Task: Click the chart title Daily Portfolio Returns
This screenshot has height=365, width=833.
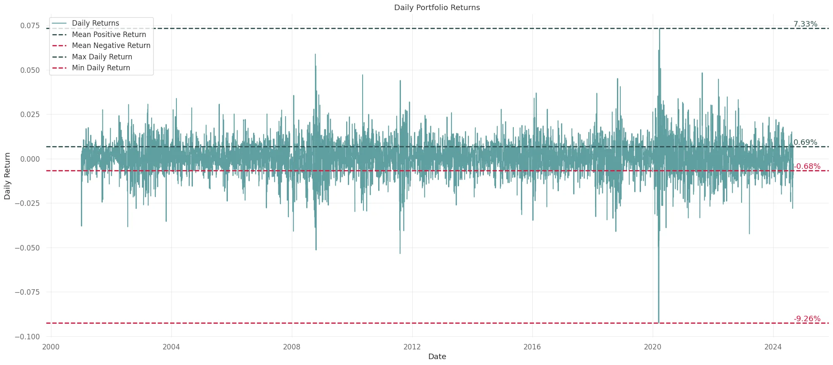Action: pos(437,8)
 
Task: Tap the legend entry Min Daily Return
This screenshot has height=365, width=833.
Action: pos(101,68)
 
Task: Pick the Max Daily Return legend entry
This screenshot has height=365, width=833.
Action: pos(102,57)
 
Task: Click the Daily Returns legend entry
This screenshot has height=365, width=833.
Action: pos(95,23)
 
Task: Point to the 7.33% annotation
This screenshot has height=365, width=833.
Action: pos(805,24)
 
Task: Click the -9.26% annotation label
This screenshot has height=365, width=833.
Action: pos(807,319)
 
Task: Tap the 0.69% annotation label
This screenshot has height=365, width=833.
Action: pos(805,142)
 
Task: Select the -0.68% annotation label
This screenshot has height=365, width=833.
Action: pos(807,166)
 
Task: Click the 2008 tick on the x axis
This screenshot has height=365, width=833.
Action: pos(291,347)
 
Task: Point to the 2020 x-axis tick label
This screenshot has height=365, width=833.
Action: pos(652,347)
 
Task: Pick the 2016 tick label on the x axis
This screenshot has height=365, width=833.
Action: pos(532,347)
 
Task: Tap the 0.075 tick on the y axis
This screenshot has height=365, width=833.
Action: pos(30,26)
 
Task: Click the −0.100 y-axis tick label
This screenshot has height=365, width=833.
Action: pos(27,337)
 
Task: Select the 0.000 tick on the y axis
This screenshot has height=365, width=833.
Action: pos(30,159)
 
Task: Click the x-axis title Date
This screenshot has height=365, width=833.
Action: pos(437,357)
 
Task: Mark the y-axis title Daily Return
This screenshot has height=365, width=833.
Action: pos(7,176)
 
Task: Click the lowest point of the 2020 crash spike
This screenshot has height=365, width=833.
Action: pos(659,322)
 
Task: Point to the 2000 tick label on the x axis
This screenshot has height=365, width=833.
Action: pos(51,347)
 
